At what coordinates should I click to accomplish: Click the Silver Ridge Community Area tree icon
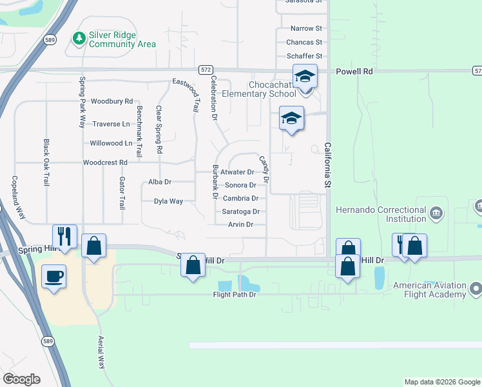[x=79, y=39]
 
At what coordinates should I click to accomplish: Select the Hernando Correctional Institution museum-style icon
[x=436, y=212]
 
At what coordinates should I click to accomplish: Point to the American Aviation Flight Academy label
[x=429, y=290]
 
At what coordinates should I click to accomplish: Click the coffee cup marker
[x=53, y=276]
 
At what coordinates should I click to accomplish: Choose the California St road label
[x=327, y=165]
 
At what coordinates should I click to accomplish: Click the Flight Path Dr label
[x=235, y=295]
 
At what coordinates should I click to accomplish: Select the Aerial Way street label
[x=101, y=352]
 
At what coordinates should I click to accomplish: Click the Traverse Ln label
[x=111, y=124]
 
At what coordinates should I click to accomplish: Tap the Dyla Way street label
[x=168, y=201]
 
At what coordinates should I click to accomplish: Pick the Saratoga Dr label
[x=240, y=212]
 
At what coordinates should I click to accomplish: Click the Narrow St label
[x=306, y=28]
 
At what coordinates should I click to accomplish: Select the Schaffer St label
[x=304, y=56]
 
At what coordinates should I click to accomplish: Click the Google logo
[x=21, y=379]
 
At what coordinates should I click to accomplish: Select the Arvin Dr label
[x=240, y=224]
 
